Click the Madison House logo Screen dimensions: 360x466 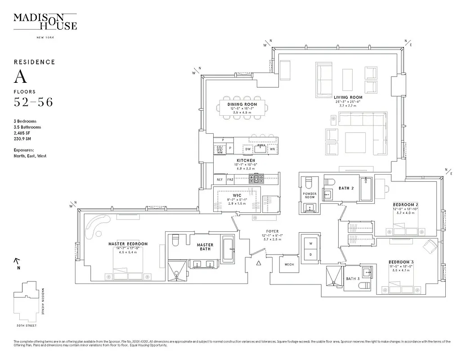click(45, 21)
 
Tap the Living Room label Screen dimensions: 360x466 click(348, 97)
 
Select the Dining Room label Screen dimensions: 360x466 click(242, 104)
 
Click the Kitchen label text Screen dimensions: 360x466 click(246, 160)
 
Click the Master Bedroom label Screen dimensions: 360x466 click(128, 244)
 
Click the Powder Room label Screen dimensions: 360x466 click(309, 195)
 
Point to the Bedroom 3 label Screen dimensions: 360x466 click(399, 262)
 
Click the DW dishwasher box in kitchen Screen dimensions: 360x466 click(247, 149)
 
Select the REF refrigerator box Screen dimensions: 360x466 click(220, 179)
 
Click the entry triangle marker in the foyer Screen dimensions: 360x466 click(258, 263)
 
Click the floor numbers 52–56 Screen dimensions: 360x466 click(33, 102)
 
